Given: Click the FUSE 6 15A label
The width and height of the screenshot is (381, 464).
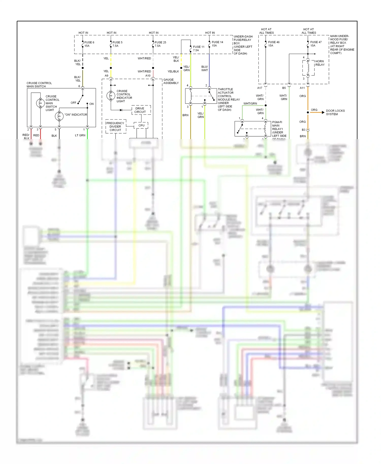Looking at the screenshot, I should [x=89, y=44].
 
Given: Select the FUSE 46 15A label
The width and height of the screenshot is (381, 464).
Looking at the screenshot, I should [x=274, y=44].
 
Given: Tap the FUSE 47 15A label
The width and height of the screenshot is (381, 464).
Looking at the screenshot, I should [x=316, y=44].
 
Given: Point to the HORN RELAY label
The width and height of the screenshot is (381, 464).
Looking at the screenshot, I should [x=320, y=63].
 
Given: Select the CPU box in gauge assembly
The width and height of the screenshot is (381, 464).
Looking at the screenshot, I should [x=141, y=125].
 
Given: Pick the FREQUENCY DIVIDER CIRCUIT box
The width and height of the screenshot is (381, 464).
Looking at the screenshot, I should [x=116, y=126].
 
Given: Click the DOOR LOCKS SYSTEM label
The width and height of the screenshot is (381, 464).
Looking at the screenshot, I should [x=335, y=112].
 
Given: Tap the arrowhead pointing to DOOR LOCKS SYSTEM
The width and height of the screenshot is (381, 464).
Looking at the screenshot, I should [x=323, y=112].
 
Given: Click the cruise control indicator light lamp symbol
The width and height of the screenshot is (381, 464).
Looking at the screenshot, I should [x=111, y=96].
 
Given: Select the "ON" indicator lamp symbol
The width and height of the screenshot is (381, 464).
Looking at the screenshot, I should [x=59, y=116].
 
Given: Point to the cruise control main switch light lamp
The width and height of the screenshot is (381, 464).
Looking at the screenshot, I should [x=40, y=103].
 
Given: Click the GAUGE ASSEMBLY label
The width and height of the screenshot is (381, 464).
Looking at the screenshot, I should [x=171, y=81].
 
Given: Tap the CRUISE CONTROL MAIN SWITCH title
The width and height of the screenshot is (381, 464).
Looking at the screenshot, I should [x=39, y=85].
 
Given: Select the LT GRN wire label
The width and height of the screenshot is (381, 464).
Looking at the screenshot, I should [x=80, y=136].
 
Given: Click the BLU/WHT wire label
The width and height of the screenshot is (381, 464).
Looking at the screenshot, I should [x=204, y=69].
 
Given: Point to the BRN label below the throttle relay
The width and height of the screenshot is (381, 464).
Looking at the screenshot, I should [x=185, y=115].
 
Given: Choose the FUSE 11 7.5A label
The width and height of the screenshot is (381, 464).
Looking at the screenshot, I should [x=199, y=48].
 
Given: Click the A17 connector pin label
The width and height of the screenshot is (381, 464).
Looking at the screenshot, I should [x=260, y=88].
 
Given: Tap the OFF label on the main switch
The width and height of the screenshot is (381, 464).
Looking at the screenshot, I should [x=73, y=103].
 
